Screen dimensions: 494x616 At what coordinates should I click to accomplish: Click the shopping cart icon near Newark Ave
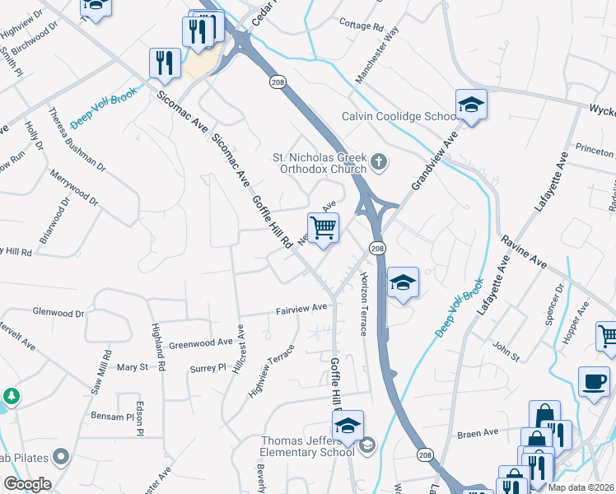[x=324, y=227]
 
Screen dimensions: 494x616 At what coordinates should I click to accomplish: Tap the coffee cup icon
[x=594, y=381]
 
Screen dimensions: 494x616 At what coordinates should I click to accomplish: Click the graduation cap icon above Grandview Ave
[x=471, y=105]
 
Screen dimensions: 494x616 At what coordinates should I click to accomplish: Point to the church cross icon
[x=378, y=161]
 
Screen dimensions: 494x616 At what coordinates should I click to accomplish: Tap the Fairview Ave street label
[x=301, y=308]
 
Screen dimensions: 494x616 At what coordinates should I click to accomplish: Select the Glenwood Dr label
[x=58, y=313]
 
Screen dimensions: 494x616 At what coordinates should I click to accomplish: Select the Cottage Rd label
[x=362, y=26]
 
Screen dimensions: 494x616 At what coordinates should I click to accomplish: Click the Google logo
[x=26, y=484]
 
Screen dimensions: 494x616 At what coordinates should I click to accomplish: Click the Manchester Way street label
[x=376, y=54]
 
